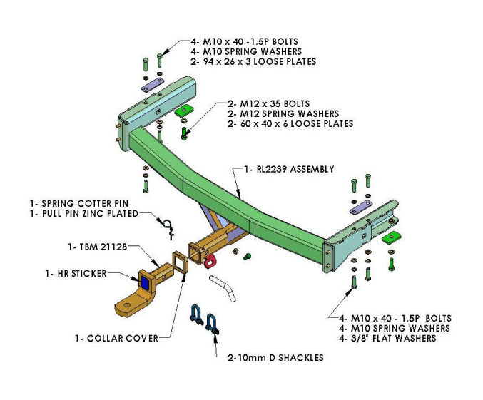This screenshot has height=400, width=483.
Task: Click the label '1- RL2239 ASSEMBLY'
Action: point(289,169)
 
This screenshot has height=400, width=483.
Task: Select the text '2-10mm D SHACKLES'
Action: point(275,357)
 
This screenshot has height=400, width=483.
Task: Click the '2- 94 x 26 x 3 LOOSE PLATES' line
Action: point(253,62)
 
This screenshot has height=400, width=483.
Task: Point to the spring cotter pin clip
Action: point(168,227)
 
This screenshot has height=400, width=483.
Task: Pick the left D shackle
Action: point(195,314)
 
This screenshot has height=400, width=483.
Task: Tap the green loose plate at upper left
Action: point(185,110)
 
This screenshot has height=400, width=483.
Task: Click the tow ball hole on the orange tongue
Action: point(126,307)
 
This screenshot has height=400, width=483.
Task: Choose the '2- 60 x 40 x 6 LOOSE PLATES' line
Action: point(290,123)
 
